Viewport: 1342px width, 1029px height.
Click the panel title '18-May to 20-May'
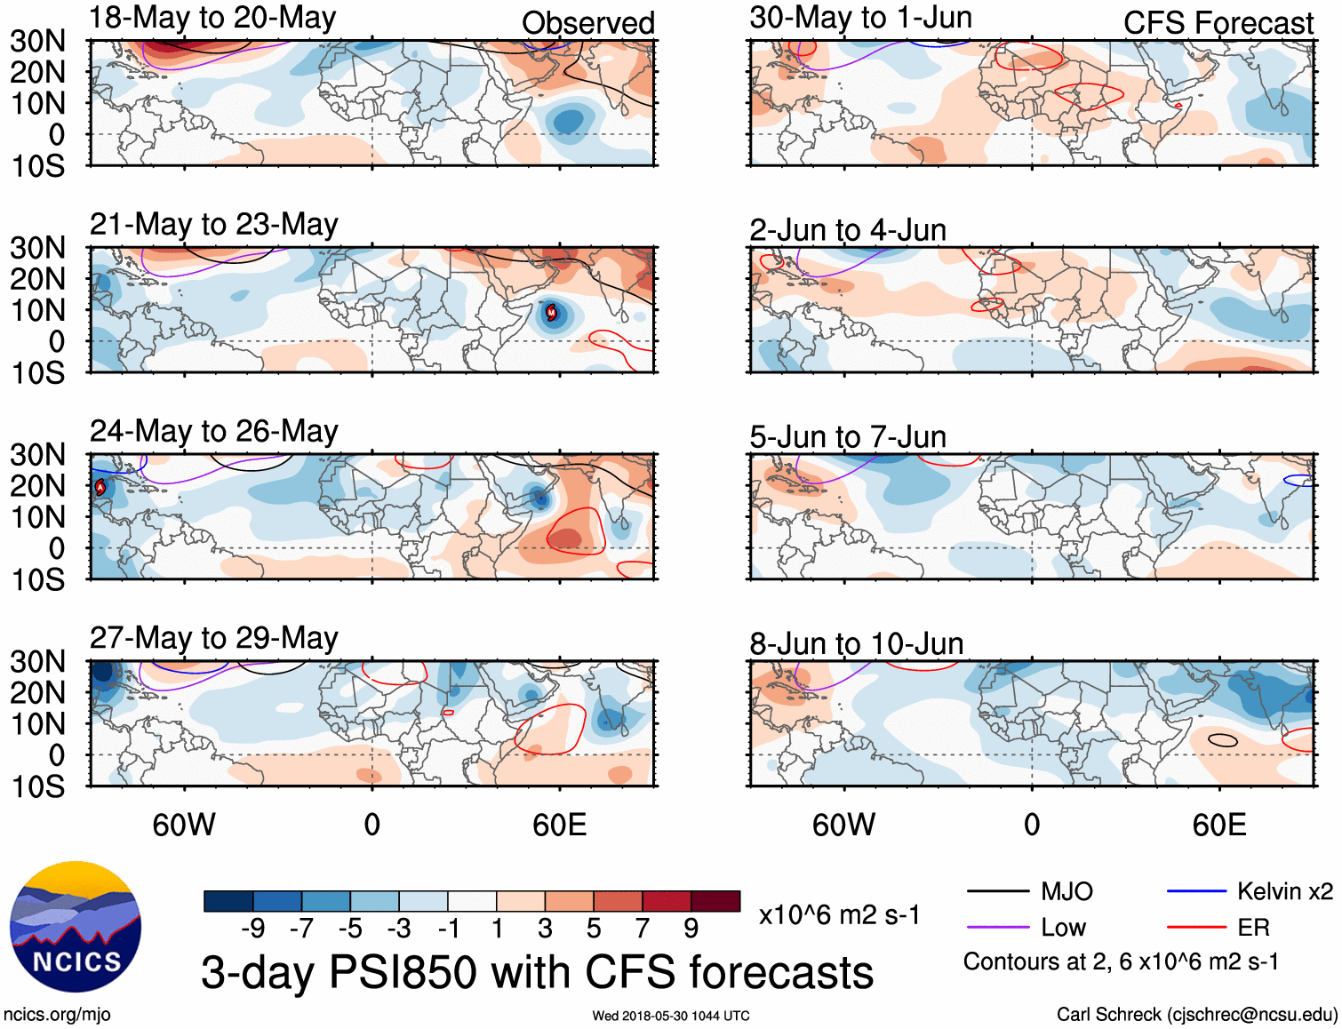click(x=212, y=18)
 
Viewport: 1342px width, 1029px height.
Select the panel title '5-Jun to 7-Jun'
click(x=847, y=437)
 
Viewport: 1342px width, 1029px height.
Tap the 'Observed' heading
click(x=587, y=23)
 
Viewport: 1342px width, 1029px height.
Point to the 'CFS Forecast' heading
click(x=1218, y=23)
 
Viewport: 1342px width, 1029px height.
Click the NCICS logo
click(x=76, y=927)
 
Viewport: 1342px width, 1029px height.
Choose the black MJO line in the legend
click(x=997, y=891)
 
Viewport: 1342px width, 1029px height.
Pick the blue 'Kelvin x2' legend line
click(x=1196, y=891)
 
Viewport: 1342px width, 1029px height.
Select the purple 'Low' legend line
click(x=997, y=928)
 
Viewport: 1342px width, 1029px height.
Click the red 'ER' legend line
click(x=1196, y=928)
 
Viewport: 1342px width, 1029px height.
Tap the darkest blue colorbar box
click(x=228, y=901)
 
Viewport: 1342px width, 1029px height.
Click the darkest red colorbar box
click(x=715, y=901)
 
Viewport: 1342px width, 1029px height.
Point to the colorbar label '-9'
click(x=253, y=929)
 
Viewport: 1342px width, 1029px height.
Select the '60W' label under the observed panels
click(x=184, y=825)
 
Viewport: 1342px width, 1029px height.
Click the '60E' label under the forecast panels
click(x=1218, y=825)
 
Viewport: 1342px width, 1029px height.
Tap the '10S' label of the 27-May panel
click(x=37, y=786)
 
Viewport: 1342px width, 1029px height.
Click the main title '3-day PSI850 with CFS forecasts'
click(x=537, y=972)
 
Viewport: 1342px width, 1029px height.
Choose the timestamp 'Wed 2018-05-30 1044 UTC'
click(x=671, y=1016)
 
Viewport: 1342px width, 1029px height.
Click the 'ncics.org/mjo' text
click(x=57, y=1015)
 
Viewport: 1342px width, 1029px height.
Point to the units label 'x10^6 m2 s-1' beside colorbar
click(x=839, y=914)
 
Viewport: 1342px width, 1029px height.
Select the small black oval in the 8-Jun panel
click(x=1223, y=739)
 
